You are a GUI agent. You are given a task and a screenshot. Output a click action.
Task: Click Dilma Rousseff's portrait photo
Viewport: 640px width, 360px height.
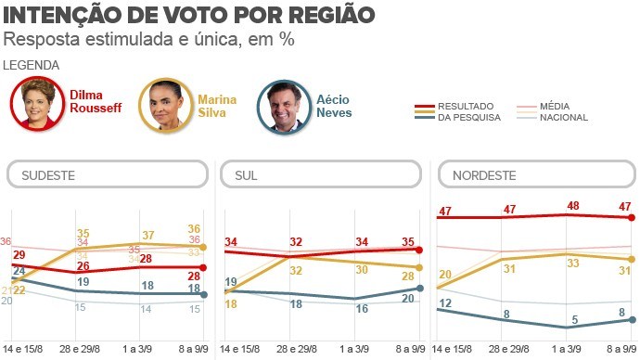tap(37, 105)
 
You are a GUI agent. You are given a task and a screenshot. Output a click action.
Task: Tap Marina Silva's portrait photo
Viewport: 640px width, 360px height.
tap(164, 105)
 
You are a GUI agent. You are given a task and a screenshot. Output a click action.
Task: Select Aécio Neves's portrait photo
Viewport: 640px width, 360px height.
tap(284, 105)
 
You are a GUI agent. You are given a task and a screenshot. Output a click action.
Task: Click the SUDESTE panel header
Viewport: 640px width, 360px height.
tap(108, 174)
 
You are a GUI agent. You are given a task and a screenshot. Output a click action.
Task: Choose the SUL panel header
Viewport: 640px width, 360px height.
tap(320, 174)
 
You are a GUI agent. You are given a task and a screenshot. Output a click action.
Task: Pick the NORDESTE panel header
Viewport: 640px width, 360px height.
tap(535, 174)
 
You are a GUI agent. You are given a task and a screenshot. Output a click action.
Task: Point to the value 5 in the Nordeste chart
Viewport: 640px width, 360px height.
tap(573, 319)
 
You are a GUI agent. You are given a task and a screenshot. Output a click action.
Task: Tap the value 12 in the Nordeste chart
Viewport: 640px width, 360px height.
tap(445, 303)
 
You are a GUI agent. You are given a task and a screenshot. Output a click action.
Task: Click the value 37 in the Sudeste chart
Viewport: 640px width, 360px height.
tap(147, 236)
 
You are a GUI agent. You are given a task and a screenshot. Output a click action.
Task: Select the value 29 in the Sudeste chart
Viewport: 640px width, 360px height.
tap(19, 254)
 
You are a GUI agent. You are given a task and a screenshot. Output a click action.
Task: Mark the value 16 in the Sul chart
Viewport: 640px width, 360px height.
tap(361, 308)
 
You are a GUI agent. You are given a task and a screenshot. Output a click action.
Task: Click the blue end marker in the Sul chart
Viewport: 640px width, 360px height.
tap(420, 288)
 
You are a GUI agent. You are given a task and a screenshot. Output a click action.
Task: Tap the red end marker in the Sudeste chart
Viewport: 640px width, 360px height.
tap(203, 268)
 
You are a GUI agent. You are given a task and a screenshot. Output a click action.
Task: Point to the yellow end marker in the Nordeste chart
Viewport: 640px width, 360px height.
tap(633, 259)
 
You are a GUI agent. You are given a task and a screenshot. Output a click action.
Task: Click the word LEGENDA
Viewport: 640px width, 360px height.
tap(32, 65)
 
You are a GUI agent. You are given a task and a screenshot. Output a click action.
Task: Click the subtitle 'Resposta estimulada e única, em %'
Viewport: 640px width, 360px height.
tap(149, 40)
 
